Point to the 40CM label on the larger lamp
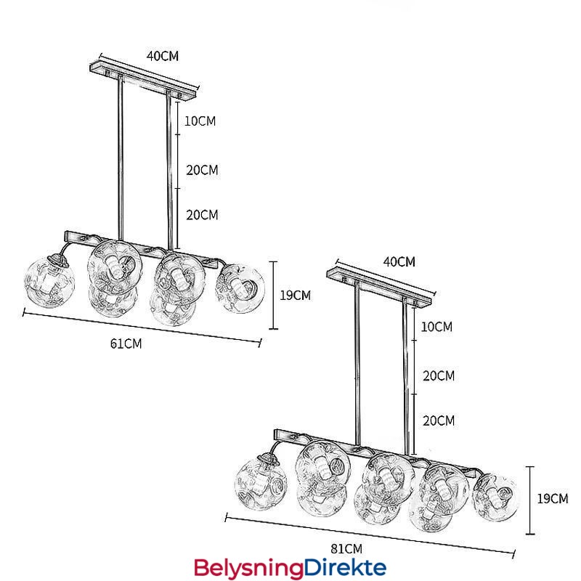click(399, 261)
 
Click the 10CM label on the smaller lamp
click(200, 121)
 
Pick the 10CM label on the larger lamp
click(436, 327)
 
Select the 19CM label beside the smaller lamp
click(296, 295)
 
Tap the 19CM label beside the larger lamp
click(553, 498)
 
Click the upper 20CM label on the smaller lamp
click(202, 170)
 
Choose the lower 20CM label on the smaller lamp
click(202, 215)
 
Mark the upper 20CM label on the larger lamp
click(438, 375)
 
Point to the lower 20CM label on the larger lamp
click(438, 420)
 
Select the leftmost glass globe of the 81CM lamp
click(259, 483)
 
